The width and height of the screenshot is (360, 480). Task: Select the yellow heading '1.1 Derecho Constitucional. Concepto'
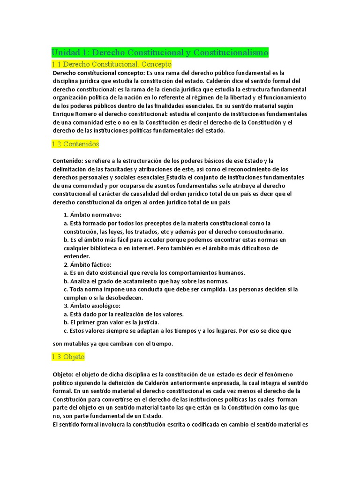pos(112,64)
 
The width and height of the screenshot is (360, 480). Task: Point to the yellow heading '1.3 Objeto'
pos(68,357)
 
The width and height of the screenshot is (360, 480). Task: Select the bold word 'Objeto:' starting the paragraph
pos(64,374)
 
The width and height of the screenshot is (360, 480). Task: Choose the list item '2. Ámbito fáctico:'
pos(88,264)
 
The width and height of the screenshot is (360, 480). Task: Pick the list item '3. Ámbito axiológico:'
pos(92,306)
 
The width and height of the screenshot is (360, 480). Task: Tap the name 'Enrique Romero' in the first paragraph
pos(74,114)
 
